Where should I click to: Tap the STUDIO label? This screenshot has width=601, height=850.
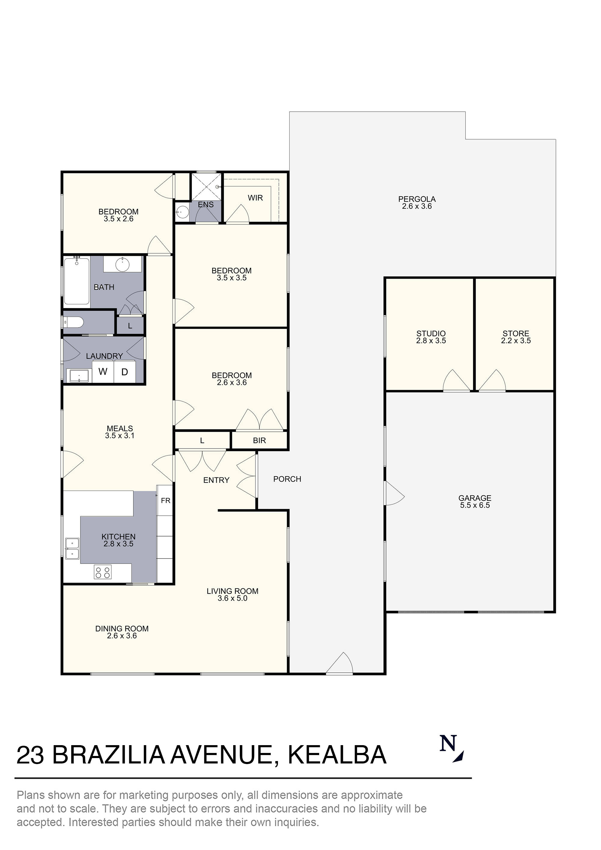click(x=431, y=334)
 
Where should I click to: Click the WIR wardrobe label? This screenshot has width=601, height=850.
click(x=255, y=198)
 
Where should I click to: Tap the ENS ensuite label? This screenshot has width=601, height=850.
click(x=206, y=205)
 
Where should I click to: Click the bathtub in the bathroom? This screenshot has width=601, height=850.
click(x=77, y=281)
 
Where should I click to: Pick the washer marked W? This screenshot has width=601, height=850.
click(x=103, y=371)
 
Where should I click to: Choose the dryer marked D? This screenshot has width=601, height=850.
click(x=124, y=372)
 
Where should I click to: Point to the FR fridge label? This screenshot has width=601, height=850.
click(x=166, y=501)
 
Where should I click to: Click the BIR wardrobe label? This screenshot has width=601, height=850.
click(x=259, y=440)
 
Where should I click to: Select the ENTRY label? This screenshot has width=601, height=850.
click(x=216, y=480)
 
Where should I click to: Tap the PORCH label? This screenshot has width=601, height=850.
click(x=287, y=479)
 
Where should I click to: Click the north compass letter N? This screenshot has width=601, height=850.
click(x=448, y=743)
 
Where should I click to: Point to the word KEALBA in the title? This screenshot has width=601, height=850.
click(x=337, y=755)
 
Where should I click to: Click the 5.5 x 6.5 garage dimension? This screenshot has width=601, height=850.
click(x=475, y=505)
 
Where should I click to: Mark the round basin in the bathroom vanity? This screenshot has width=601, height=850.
click(x=122, y=264)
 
